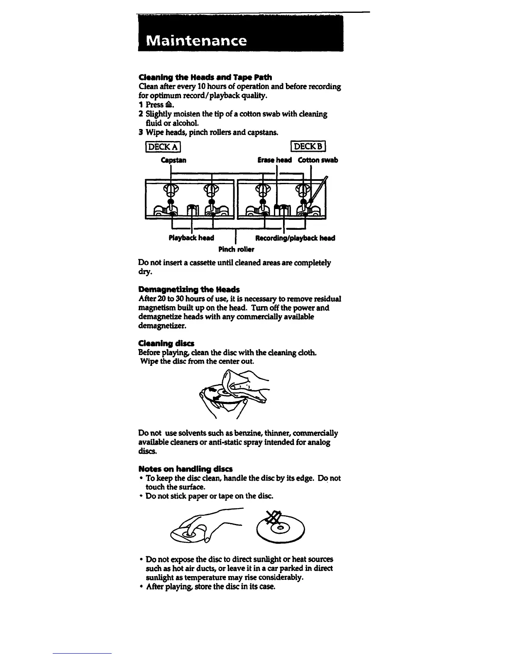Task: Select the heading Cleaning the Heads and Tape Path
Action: click(205, 77)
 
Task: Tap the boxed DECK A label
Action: click(163, 146)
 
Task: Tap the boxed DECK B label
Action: click(310, 146)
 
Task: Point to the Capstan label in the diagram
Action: click(173, 160)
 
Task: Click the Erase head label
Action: click(274, 160)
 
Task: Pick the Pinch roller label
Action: click(236, 249)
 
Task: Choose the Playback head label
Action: click(191, 238)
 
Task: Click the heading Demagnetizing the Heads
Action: click(189, 289)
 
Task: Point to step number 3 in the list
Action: click(141, 132)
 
